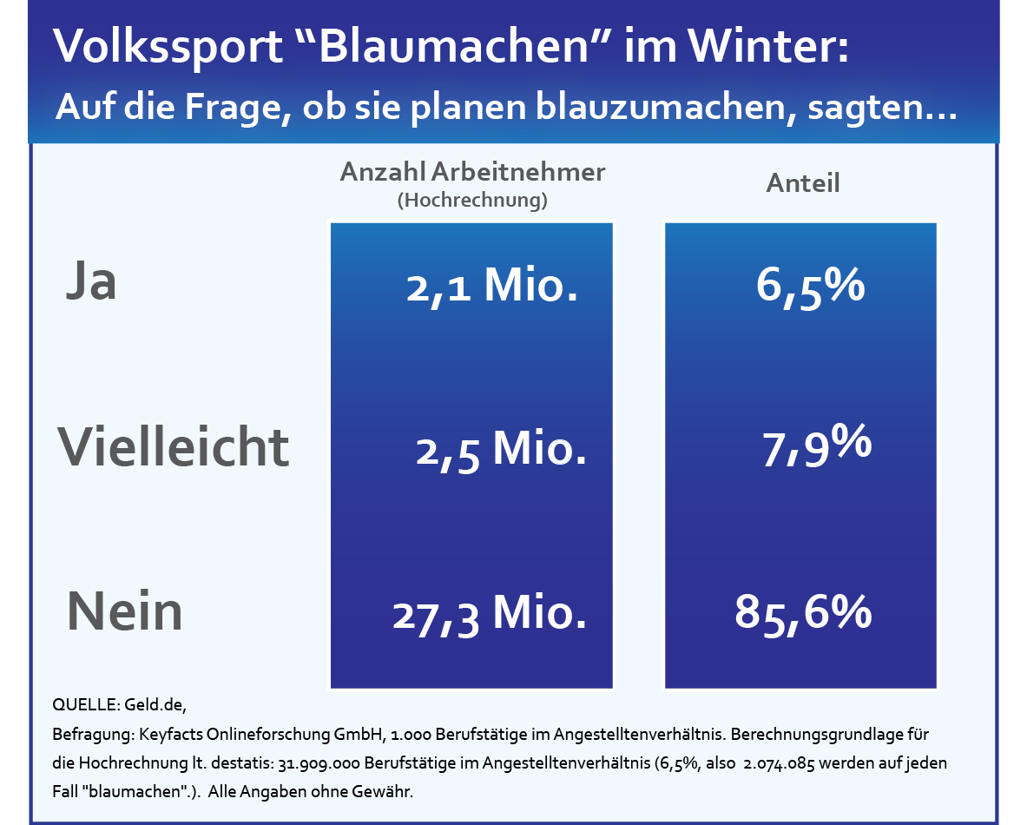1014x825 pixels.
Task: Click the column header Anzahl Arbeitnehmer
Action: (x=472, y=172)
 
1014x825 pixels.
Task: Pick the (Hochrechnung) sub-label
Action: (x=472, y=201)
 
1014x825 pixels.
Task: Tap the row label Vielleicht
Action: (x=174, y=446)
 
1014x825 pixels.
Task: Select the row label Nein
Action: (x=125, y=610)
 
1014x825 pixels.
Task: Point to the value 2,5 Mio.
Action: (x=501, y=450)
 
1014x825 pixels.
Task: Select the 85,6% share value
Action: (x=803, y=613)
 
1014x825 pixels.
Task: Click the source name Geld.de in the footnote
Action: (x=155, y=704)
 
